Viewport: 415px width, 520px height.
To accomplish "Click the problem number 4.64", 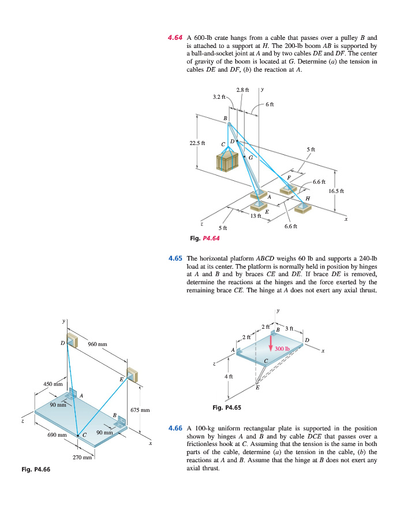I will (x=175, y=38).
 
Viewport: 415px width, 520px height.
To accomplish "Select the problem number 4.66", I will (x=175, y=428).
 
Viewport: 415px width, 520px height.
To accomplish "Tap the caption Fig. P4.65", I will (x=227, y=408).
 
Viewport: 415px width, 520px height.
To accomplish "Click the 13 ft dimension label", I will (x=256, y=216).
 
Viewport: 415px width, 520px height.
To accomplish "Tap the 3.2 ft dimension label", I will (x=219, y=96).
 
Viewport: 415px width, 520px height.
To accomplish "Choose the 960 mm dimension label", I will (x=98, y=344).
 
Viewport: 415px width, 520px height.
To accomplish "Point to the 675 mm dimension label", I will (x=141, y=410).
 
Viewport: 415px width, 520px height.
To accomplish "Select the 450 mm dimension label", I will (x=54, y=382).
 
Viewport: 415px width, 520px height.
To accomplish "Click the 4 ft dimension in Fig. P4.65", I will (x=229, y=377).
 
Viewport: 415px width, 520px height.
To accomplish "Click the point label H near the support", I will (x=308, y=198).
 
